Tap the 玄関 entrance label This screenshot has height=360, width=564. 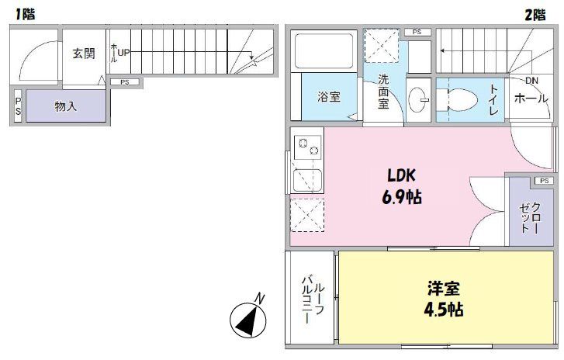(84, 54)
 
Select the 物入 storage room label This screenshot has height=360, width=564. (65, 106)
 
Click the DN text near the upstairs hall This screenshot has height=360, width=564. (531, 81)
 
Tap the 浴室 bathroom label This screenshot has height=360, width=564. (327, 98)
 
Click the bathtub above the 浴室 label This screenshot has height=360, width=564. (324, 50)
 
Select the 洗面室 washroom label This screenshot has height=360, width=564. (383, 92)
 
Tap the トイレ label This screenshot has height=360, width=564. (493, 100)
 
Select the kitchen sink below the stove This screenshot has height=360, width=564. (308, 179)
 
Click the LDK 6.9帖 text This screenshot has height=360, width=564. (400, 186)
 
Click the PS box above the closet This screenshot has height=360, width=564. (541, 181)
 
